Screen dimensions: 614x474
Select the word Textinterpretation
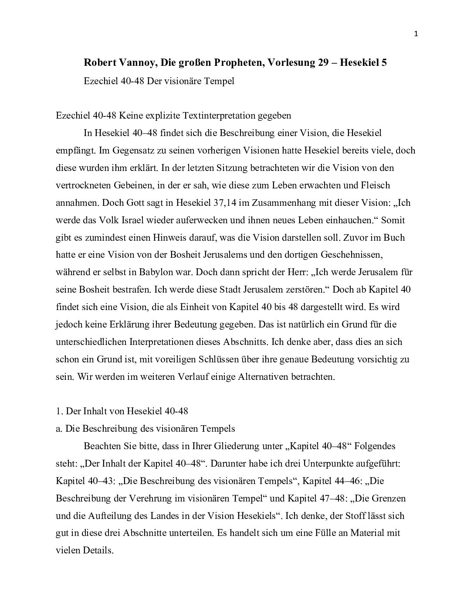pyautogui.click(x=217, y=116)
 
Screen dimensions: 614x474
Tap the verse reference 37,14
pyautogui.click(x=215, y=202)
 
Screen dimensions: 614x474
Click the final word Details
pyautogui.click(x=98, y=550)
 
